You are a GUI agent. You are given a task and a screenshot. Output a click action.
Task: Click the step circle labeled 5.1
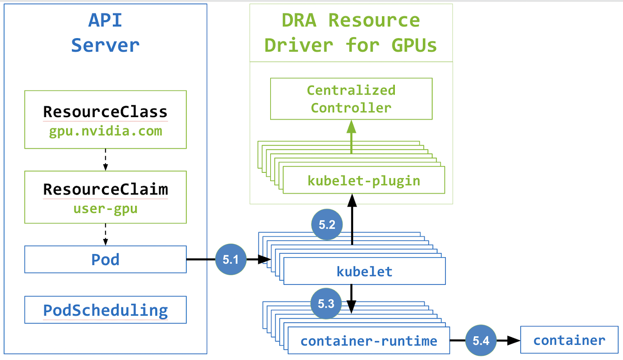(x=231, y=259)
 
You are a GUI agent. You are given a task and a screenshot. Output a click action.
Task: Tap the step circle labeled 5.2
(x=327, y=224)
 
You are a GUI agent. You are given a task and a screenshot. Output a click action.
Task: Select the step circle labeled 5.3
(x=326, y=303)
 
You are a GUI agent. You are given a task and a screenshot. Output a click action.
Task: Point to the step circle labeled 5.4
(x=481, y=340)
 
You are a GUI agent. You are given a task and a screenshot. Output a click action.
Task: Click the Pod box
(x=106, y=259)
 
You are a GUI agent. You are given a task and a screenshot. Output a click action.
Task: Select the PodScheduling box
(x=106, y=310)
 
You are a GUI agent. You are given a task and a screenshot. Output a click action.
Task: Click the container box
(x=569, y=340)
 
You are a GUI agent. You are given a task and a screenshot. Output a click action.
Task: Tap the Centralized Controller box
(x=351, y=99)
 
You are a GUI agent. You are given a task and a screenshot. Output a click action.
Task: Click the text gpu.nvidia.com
(x=106, y=131)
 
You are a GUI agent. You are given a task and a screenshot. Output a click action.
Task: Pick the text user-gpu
(x=106, y=209)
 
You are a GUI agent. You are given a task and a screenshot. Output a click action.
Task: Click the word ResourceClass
(x=106, y=112)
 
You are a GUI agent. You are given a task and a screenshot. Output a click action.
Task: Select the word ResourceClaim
(x=106, y=189)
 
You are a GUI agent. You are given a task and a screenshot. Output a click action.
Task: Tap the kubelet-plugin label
(x=364, y=181)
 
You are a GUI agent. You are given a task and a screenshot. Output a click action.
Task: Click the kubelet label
(x=364, y=271)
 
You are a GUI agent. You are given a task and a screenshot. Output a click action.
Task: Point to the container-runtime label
(x=369, y=341)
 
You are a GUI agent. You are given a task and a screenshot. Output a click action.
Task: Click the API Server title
(x=106, y=33)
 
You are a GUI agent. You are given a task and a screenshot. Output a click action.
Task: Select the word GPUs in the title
(x=414, y=45)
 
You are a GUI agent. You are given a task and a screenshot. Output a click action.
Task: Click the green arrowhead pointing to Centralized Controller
(x=352, y=126)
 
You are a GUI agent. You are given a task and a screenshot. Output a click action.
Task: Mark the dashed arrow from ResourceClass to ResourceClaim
(x=106, y=160)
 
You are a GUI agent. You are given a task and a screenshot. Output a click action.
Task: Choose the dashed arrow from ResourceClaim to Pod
(x=106, y=234)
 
